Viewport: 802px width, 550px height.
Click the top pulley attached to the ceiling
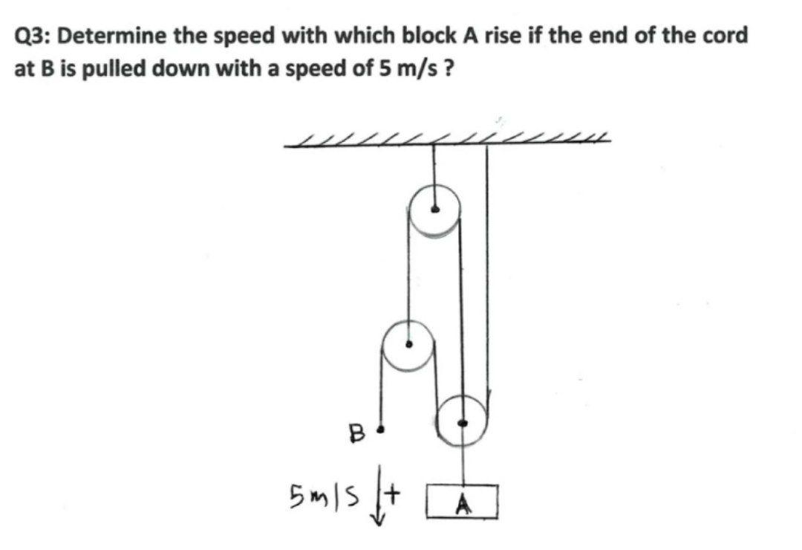click(434, 210)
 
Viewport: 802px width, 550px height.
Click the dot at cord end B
click(381, 429)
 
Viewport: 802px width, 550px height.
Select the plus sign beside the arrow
click(391, 491)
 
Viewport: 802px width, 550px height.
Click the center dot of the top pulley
click(436, 209)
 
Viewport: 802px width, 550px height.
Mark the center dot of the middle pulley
click(408, 345)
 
